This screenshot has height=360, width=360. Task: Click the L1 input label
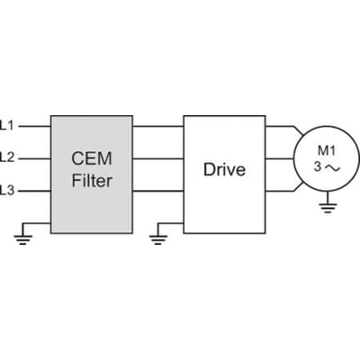coord(7,125)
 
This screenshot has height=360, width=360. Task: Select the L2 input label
coord(7,157)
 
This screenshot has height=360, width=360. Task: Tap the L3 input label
coord(7,190)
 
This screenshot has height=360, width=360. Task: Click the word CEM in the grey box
coord(92,158)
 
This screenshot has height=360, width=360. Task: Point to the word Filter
coord(92,181)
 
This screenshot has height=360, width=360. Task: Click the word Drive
coord(224,169)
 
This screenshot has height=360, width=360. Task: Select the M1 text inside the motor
coord(326,151)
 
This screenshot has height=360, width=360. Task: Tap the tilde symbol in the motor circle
coord(333,168)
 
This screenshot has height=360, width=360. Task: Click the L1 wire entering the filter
coord(35,126)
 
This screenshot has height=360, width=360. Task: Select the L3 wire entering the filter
coord(35,191)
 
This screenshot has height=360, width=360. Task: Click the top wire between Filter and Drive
coord(158,126)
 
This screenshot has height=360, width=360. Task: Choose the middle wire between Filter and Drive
coord(158,158)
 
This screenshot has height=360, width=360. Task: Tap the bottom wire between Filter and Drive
coord(158,191)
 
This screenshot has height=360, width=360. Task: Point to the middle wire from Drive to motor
coord(279,158)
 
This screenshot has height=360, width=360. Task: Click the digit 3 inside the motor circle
coord(318,167)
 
